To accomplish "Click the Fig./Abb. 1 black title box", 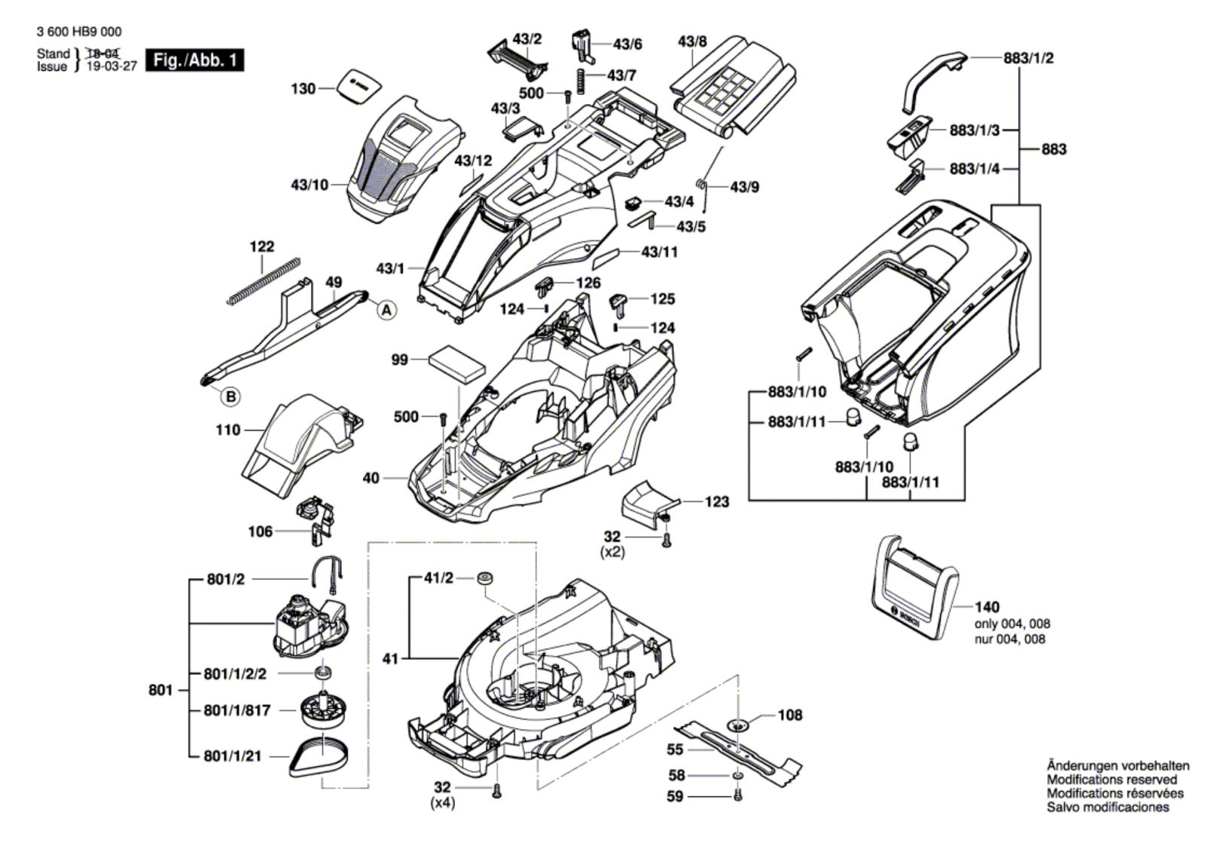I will tap(195, 60).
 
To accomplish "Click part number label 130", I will tap(303, 89).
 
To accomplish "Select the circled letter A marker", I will tap(386, 310).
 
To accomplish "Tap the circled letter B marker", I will tap(231, 396).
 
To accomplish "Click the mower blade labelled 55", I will tap(738, 750).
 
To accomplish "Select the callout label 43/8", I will tap(692, 41).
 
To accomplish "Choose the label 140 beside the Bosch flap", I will tap(987, 606).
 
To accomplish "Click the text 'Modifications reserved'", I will tap(1112, 780).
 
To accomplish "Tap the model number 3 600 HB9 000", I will tap(78, 32).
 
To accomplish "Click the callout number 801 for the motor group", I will tap(160, 689).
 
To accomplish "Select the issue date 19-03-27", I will tap(111, 66).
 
